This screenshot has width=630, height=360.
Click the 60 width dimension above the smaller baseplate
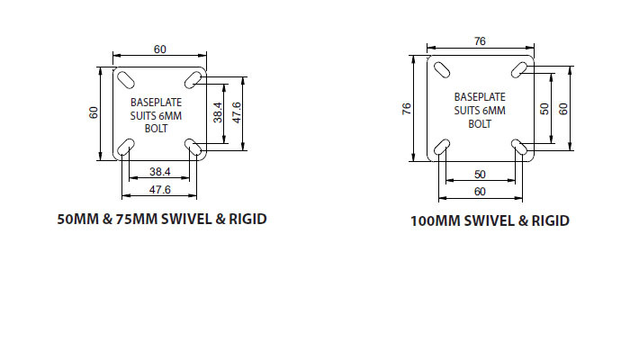coord(159,49)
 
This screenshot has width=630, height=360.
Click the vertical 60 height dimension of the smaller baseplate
coord(94,112)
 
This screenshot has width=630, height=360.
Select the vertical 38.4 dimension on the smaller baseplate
coord(218,112)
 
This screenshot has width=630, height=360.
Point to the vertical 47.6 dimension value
coord(236,112)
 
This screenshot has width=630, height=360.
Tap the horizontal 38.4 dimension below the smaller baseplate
coord(159,170)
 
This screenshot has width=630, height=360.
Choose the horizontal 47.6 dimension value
coord(159,189)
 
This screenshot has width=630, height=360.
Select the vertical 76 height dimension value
coord(406,108)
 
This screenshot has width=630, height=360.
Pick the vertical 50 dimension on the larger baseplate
coord(544,108)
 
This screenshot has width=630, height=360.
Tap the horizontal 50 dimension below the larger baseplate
coord(480,174)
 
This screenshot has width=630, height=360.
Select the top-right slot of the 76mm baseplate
coord(519,68)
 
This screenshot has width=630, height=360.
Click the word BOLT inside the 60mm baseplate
coord(157,128)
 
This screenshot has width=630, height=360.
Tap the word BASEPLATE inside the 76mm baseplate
coord(480,96)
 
